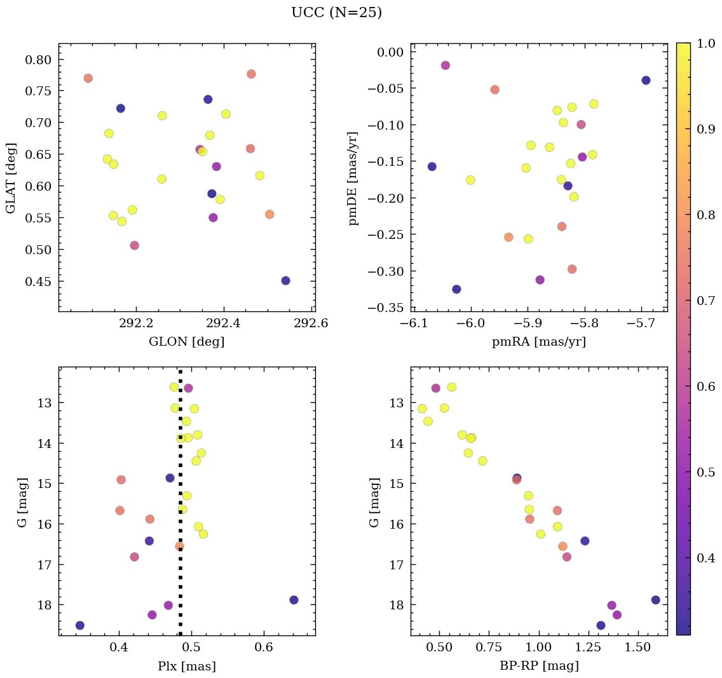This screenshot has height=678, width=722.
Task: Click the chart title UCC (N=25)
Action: (x=336, y=13)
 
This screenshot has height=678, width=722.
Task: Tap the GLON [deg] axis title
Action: (x=186, y=342)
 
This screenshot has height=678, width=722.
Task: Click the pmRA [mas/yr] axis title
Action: (x=539, y=342)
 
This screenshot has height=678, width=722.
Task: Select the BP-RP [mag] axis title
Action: (x=539, y=666)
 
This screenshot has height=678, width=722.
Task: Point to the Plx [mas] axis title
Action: (x=186, y=666)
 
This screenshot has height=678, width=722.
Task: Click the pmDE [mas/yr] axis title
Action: (x=353, y=178)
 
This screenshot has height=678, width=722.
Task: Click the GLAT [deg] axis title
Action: (x=11, y=178)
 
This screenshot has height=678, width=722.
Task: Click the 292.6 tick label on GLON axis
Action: (x=311, y=323)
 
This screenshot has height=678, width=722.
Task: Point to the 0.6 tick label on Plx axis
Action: (x=264, y=647)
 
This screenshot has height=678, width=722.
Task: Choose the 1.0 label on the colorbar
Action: (x=707, y=43)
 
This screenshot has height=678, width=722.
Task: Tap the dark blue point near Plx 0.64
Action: (x=294, y=600)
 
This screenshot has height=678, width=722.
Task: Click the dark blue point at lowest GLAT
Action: (x=285, y=281)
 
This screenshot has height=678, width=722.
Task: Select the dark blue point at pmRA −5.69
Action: (x=646, y=80)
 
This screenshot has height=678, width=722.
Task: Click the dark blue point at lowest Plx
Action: (x=79, y=625)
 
